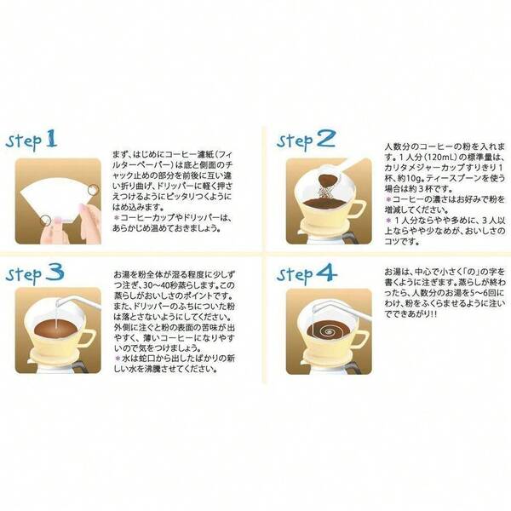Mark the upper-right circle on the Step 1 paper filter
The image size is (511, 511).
tap(94, 185)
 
